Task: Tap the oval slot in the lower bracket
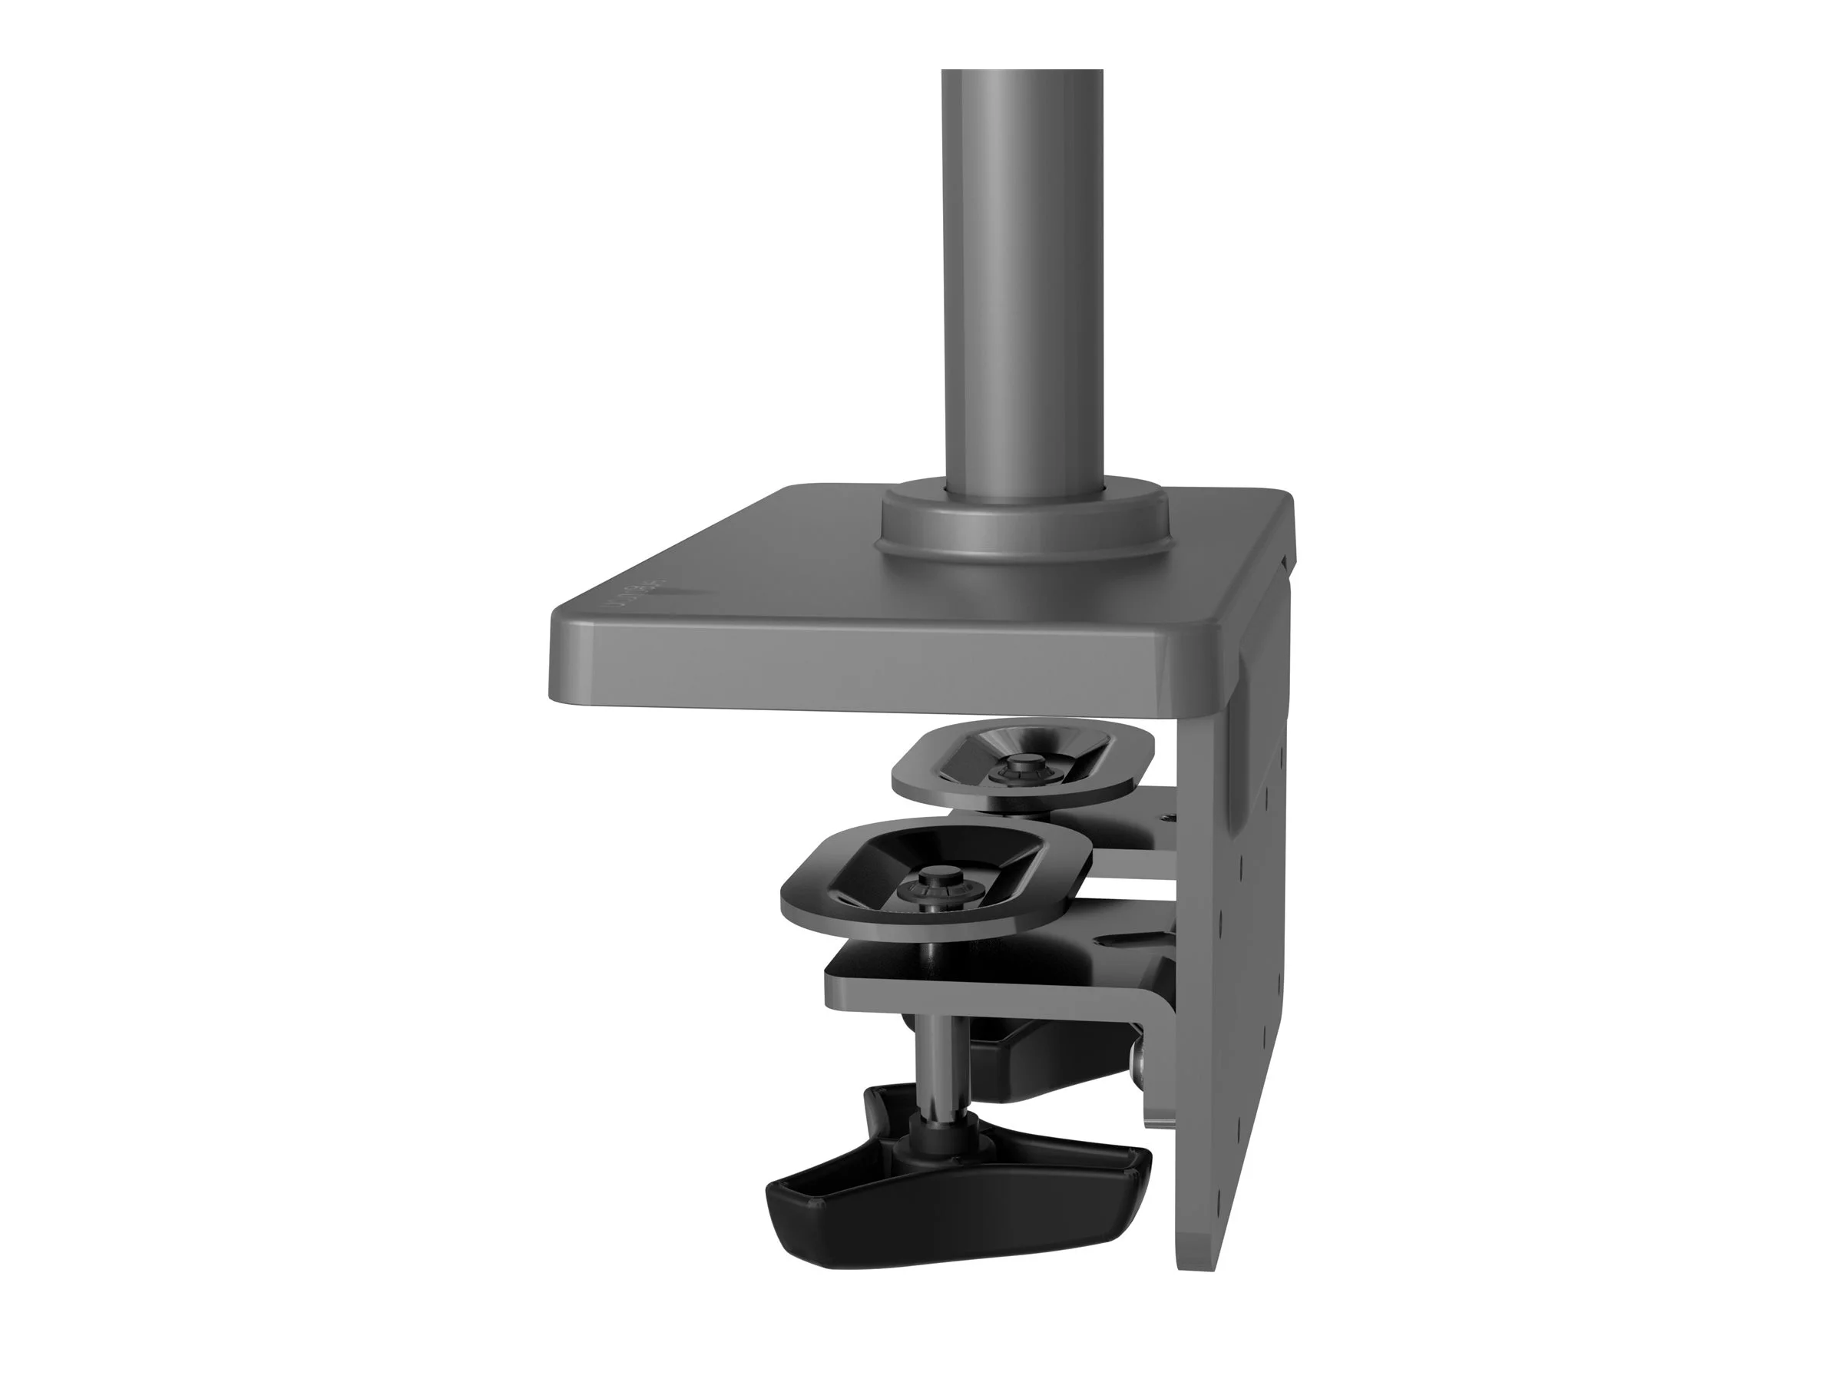1129,941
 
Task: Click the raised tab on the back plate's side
1249,658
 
